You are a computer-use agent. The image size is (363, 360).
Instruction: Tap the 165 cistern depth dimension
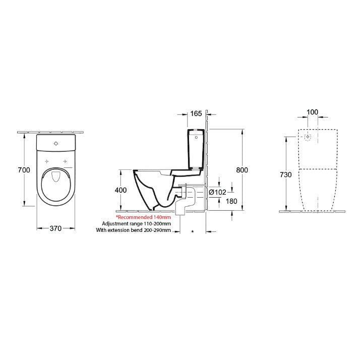point(197,113)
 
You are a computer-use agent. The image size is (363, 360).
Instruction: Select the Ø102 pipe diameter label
point(217,192)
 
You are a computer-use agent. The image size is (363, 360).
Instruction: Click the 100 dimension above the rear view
point(313,112)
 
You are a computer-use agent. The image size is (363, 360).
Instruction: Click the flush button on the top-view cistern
point(55,143)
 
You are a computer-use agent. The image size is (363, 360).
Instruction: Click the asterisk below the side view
point(192,231)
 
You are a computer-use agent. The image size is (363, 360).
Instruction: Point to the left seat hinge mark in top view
point(46,161)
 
